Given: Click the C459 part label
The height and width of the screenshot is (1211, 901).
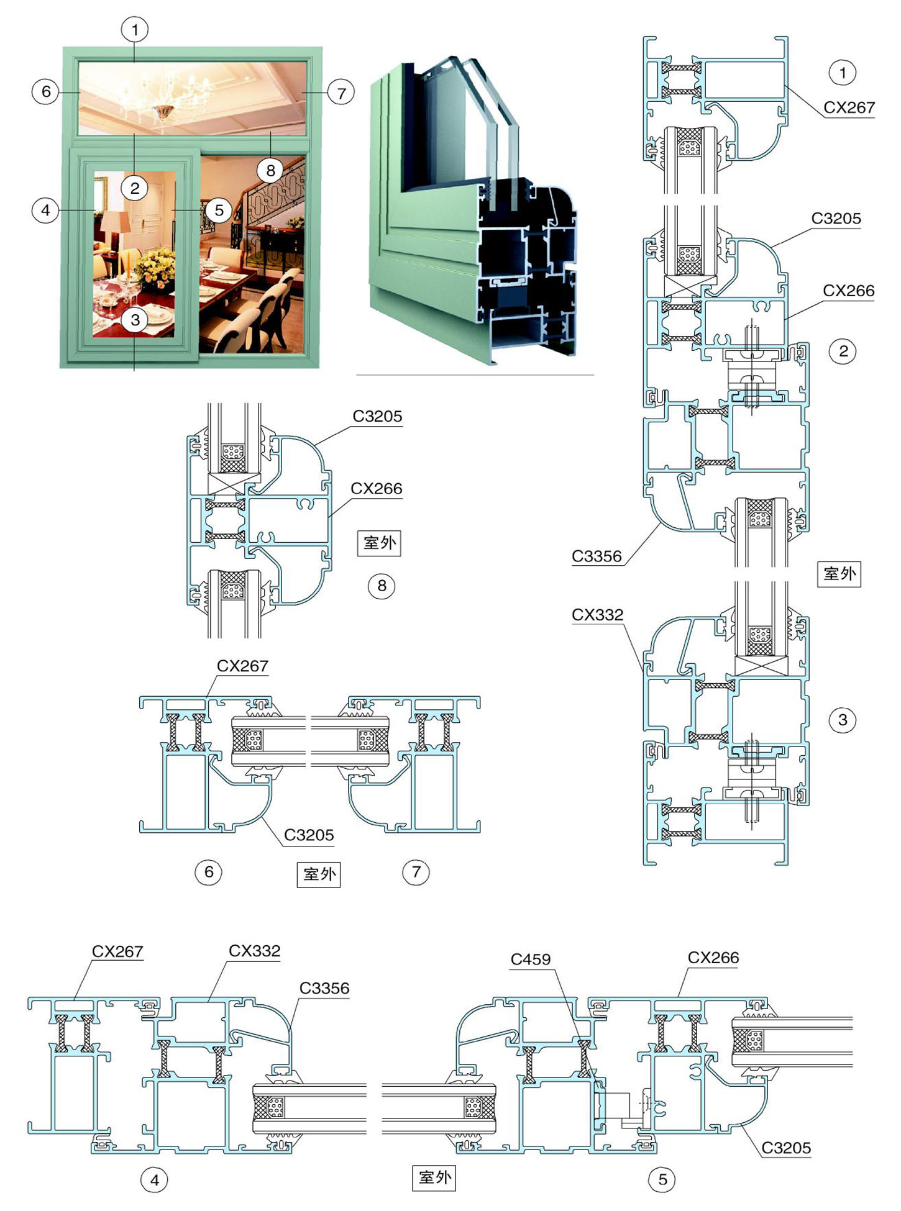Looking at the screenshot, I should tap(530, 959).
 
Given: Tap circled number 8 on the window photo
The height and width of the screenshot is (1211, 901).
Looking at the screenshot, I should tap(270, 170).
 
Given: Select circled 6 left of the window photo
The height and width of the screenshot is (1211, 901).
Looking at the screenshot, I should tap(45, 92).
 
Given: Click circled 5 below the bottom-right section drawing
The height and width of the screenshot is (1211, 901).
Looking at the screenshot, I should tap(662, 1179).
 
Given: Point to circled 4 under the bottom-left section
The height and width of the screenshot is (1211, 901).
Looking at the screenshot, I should tap(155, 1179).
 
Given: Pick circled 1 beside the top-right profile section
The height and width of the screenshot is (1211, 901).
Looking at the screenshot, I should tap(843, 73).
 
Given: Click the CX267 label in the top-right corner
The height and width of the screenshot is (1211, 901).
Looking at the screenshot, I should tap(849, 107).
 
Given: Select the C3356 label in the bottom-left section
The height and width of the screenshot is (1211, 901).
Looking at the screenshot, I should tap(324, 988).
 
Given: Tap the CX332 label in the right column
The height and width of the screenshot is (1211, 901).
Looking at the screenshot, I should tap(597, 615).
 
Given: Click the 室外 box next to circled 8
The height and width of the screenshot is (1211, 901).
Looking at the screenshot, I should tap(379, 543).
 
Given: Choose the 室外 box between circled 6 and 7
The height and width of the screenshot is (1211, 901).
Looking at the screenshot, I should tap(319, 874).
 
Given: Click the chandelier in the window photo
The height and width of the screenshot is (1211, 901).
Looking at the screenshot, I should tap(163, 99).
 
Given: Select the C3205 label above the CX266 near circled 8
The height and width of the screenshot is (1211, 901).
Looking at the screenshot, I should tap(377, 416).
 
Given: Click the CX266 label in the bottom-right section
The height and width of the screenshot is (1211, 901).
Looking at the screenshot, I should tap(713, 958).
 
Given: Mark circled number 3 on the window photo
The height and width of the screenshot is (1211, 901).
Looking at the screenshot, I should tap(135, 320).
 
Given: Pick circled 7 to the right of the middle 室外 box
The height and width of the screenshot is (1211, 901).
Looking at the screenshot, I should tap(416, 872).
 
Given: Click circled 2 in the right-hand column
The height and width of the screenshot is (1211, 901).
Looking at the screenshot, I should tap(843, 352).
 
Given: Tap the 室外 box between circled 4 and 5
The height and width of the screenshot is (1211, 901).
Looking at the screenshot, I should tap(434, 1177).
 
